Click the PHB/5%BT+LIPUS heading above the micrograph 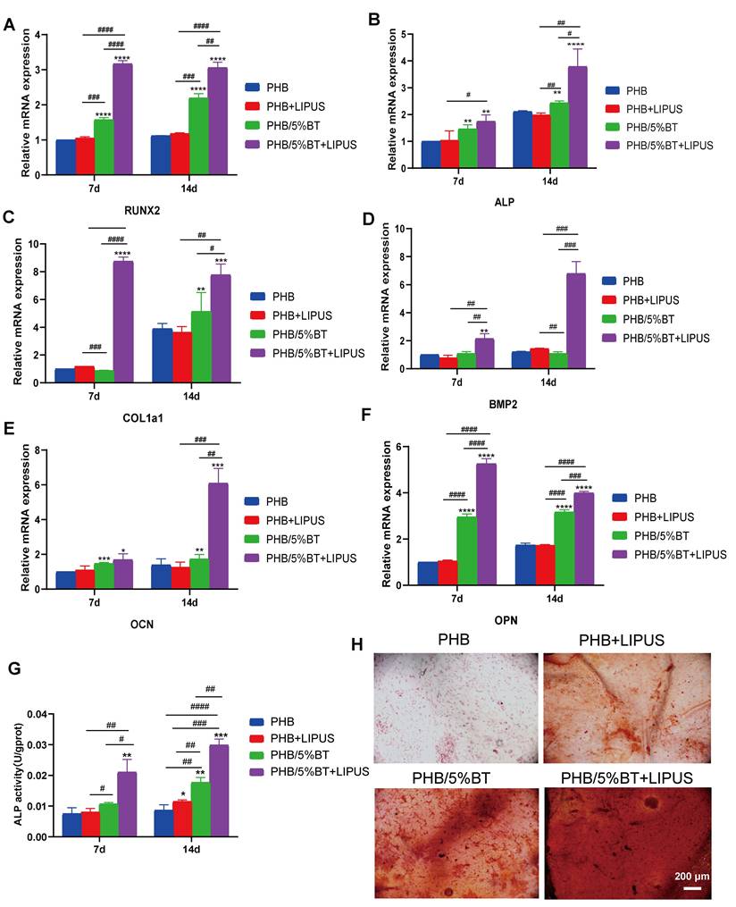[627, 778]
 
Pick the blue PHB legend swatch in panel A [252, 88]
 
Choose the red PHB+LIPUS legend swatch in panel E [253, 520]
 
